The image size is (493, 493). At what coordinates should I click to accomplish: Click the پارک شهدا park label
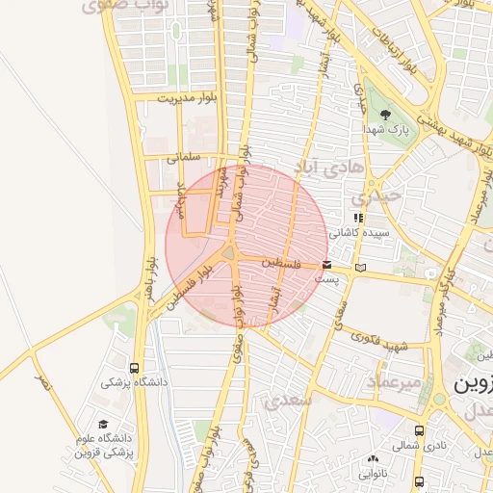point(392,128)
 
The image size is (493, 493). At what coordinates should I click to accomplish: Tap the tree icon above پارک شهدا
point(385,114)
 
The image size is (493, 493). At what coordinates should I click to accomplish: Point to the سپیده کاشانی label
point(359,233)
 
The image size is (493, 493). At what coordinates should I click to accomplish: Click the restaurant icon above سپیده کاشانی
point(358,219)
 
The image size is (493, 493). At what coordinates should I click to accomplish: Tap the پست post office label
point(328,279)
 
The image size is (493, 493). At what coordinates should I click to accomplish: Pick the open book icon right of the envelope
point(361,267)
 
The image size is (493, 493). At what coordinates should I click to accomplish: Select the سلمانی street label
point(182,155)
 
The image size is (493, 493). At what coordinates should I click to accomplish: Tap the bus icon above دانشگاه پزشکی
point(134,368)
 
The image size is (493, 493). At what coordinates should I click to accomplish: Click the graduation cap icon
point(103,425)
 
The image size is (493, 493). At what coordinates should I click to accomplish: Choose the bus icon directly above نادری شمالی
point(419,430)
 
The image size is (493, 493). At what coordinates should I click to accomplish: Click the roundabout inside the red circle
point(231,252)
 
